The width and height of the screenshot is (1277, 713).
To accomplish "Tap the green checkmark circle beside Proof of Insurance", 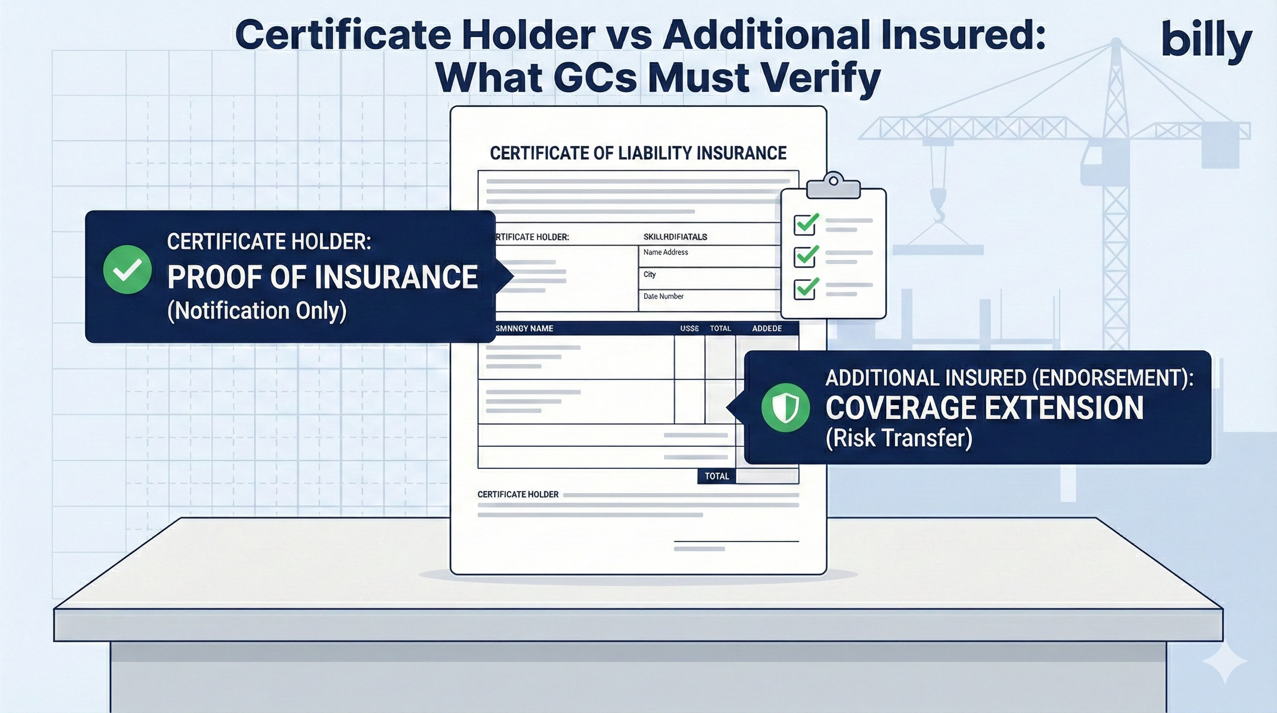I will (x=128, y=269).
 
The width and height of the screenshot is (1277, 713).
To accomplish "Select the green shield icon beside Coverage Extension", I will (x=785, y=407).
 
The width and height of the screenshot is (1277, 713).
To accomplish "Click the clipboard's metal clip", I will (x=833, y=187).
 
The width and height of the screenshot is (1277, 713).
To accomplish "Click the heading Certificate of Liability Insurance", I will (x=638, y=153).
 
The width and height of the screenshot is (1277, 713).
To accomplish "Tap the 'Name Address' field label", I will (x=665, y=253).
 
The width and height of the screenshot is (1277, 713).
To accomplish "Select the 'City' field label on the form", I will (x=650, y=274).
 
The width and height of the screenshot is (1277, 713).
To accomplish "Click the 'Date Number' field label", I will (x=663, y=297).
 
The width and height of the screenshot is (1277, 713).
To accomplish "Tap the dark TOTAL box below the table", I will (x=716, y=476).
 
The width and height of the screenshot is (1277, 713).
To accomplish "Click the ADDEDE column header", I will (x=767, y=328).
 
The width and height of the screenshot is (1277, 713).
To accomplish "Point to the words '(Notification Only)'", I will (x=257, y=311).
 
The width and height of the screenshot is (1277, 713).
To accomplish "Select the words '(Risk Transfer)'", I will (x=898, y=438).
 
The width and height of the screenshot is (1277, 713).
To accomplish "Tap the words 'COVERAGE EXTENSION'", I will (x=984, y=408).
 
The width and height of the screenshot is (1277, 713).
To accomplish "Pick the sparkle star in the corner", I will (x=1225, y=663).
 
